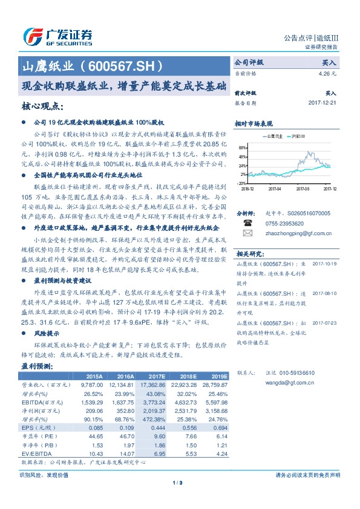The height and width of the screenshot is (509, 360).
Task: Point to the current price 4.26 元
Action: click(327, 73)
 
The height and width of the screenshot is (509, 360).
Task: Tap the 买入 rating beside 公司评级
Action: click(329, 62)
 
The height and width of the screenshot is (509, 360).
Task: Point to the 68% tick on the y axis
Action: click(241, 148)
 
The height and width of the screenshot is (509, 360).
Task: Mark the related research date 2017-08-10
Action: click(324, 292)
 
